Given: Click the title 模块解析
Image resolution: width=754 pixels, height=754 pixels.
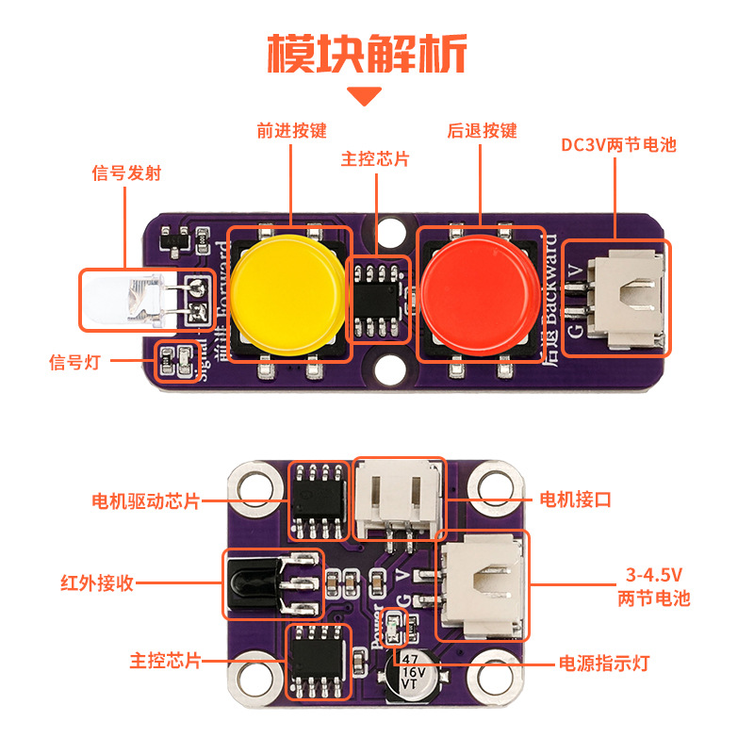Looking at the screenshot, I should tap(367, 54).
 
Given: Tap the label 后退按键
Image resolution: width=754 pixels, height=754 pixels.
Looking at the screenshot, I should tap(483, 131).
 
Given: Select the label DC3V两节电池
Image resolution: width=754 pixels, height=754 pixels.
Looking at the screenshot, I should tap(618, 145).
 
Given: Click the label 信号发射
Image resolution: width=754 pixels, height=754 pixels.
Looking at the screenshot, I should tap(126, 173).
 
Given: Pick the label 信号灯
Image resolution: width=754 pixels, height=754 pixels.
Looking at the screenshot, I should tap(79, 361).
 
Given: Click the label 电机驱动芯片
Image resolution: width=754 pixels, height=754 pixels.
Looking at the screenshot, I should tap(145, 500).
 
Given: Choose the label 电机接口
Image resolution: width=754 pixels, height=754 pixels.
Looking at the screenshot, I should tap(574, 500).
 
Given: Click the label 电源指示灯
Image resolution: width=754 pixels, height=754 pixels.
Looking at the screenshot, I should tap(604, 663).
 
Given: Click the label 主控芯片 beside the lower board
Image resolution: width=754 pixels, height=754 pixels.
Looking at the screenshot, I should tap(166, 661).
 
